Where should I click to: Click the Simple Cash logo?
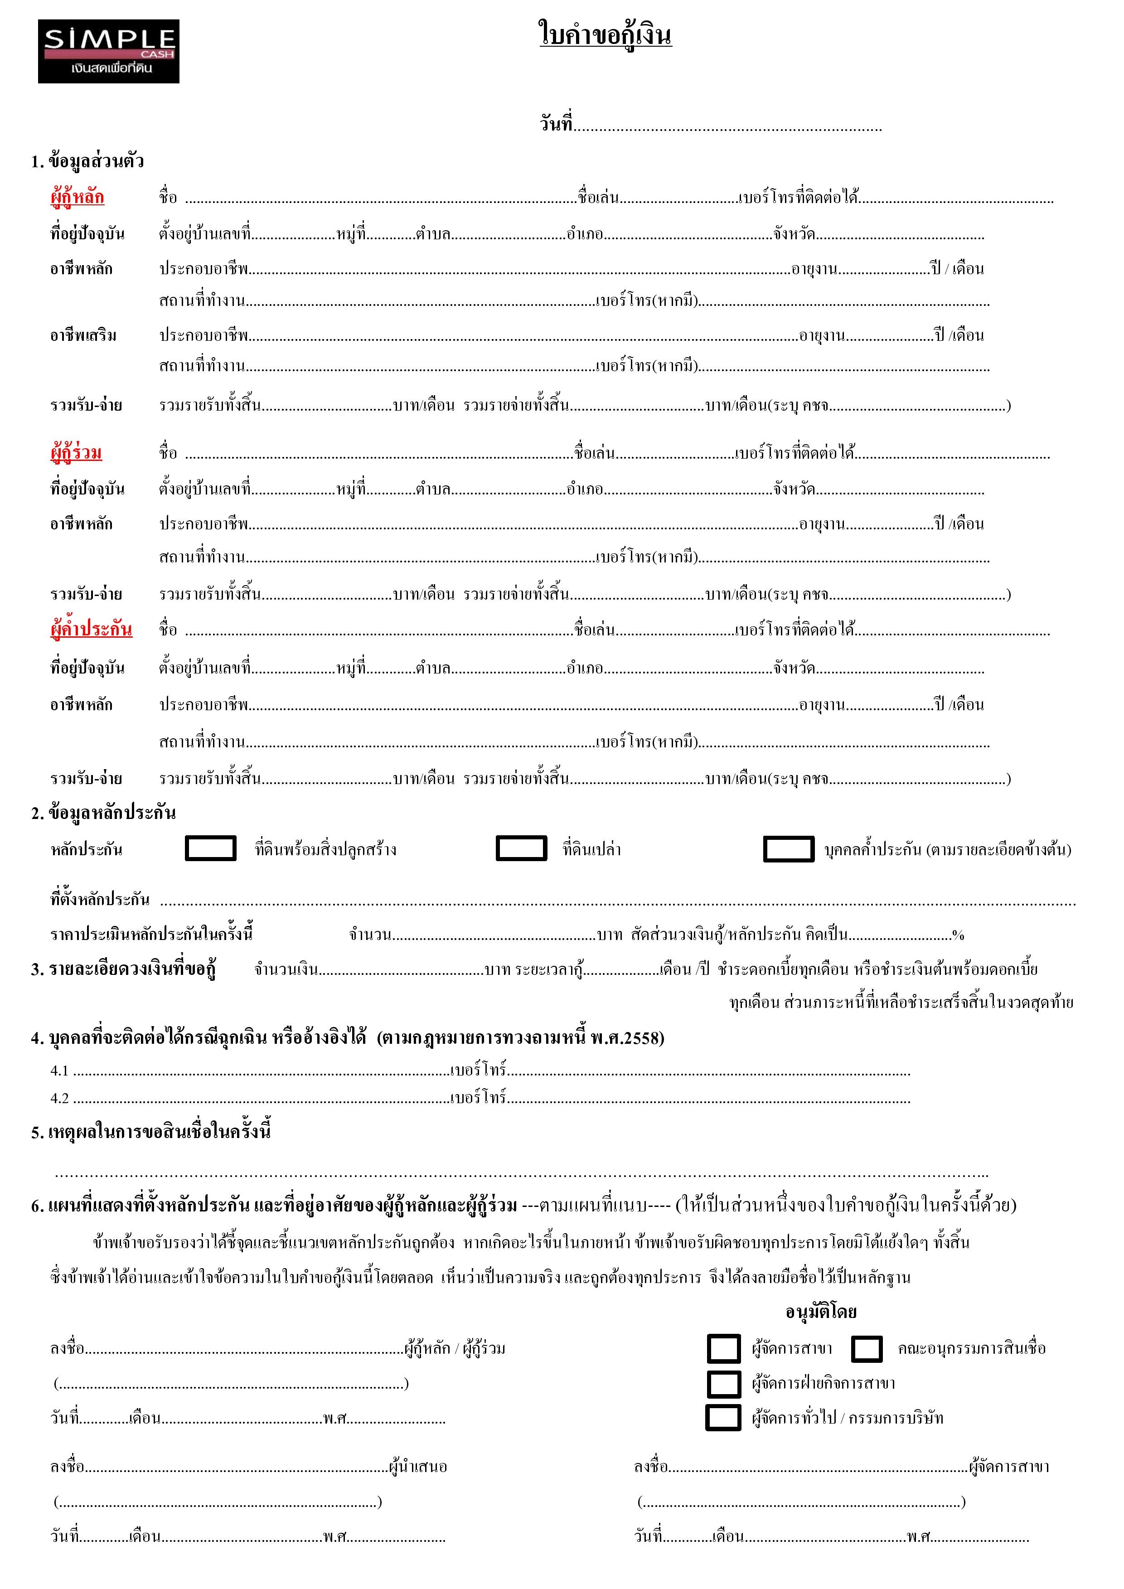[109, 51]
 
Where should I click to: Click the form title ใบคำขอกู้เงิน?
[605, 34]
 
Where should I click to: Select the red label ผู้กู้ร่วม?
[76, 453]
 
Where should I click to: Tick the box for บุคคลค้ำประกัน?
[788, 849]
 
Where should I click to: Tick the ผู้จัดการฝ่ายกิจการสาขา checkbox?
[723, 1383]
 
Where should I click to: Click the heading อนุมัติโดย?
[821, 1312]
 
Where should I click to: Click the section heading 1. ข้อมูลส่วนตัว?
[87, 161]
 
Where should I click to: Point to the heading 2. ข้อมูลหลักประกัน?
[103, 813]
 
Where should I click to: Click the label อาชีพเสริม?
[83, 336]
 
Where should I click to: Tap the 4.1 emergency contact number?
[59, 1071]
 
